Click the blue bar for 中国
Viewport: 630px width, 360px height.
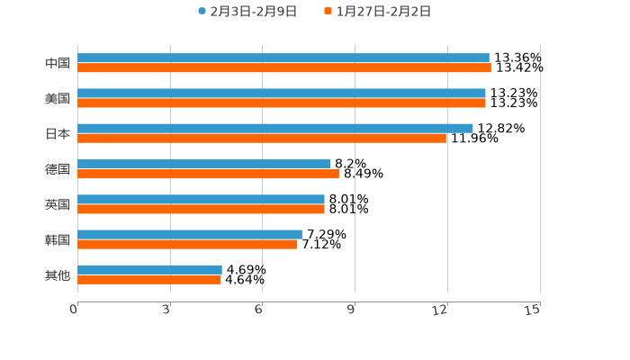pos(283,58)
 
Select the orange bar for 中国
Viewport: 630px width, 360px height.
pos(284,68)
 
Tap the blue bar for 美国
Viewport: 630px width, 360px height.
pos(282,94)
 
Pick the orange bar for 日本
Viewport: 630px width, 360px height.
pos(262,139)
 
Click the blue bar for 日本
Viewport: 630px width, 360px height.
pos(275,129)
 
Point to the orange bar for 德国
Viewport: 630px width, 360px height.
pos(208,174)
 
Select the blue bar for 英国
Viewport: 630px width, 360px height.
pos(201,199)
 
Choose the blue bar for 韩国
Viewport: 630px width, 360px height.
pos(190,234)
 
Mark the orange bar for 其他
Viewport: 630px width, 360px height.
pos(148,280)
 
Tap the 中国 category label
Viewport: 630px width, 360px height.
pos(58,64)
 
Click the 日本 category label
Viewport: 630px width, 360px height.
pos(58,134)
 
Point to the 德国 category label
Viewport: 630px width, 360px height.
pos(58,169)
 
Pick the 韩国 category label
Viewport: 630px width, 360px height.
pos(58,239)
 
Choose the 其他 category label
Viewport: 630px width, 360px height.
pos(58,275)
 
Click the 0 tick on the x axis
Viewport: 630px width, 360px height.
pos(75,310)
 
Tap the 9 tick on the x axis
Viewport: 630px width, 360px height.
pos(352,310)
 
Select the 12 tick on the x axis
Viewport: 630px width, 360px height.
pos(441,310)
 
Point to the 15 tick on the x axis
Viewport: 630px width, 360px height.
pos(533,310)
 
